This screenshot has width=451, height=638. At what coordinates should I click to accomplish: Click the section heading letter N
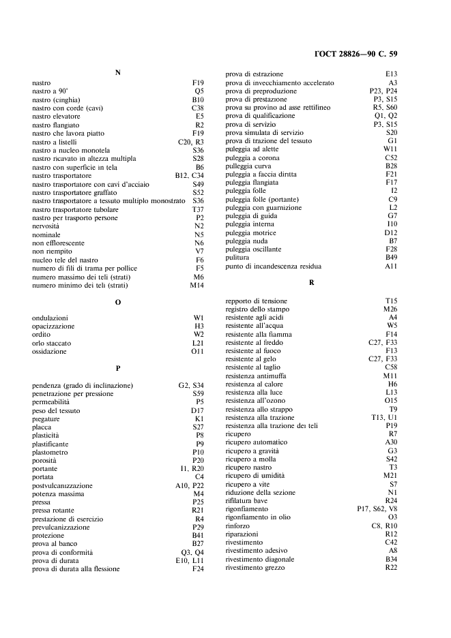118,73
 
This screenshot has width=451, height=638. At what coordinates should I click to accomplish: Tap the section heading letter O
118,302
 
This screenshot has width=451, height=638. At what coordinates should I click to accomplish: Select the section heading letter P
118,369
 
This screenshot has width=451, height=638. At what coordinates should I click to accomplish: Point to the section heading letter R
311,282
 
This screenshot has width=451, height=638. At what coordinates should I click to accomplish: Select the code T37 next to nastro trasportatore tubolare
198,209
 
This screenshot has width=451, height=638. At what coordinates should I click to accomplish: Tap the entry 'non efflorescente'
59,243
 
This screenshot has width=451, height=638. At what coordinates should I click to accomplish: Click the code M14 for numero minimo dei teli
197,285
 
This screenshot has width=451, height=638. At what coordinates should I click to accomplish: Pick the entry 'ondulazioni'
50,318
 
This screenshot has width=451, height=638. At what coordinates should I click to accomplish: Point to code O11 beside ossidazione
197,352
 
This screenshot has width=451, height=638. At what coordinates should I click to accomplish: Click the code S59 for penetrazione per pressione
198,393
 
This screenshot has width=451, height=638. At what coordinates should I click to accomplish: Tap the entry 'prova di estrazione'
254,74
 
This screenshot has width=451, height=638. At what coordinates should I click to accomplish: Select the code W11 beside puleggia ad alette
390,149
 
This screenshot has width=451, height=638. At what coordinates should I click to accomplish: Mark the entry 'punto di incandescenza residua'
273,266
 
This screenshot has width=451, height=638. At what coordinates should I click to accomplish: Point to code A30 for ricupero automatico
391,442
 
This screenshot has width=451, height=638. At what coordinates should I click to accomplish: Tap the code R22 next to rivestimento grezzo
391,568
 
